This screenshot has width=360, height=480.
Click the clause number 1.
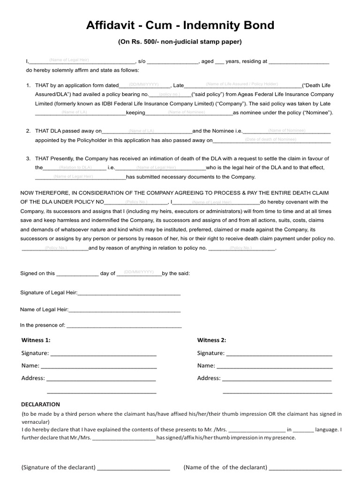pos(29,86)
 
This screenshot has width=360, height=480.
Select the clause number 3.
pos(29,158)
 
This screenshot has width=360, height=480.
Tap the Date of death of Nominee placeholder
pos(270,139)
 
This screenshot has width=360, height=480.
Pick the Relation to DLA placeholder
pos(75,167)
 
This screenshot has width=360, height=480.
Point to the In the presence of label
pos(42,325)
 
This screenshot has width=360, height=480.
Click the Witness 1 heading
pos(36,340)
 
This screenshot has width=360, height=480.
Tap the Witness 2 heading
pos(211,340)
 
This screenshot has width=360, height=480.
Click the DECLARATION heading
pos(41,404)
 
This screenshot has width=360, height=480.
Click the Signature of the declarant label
pos(59,467)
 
